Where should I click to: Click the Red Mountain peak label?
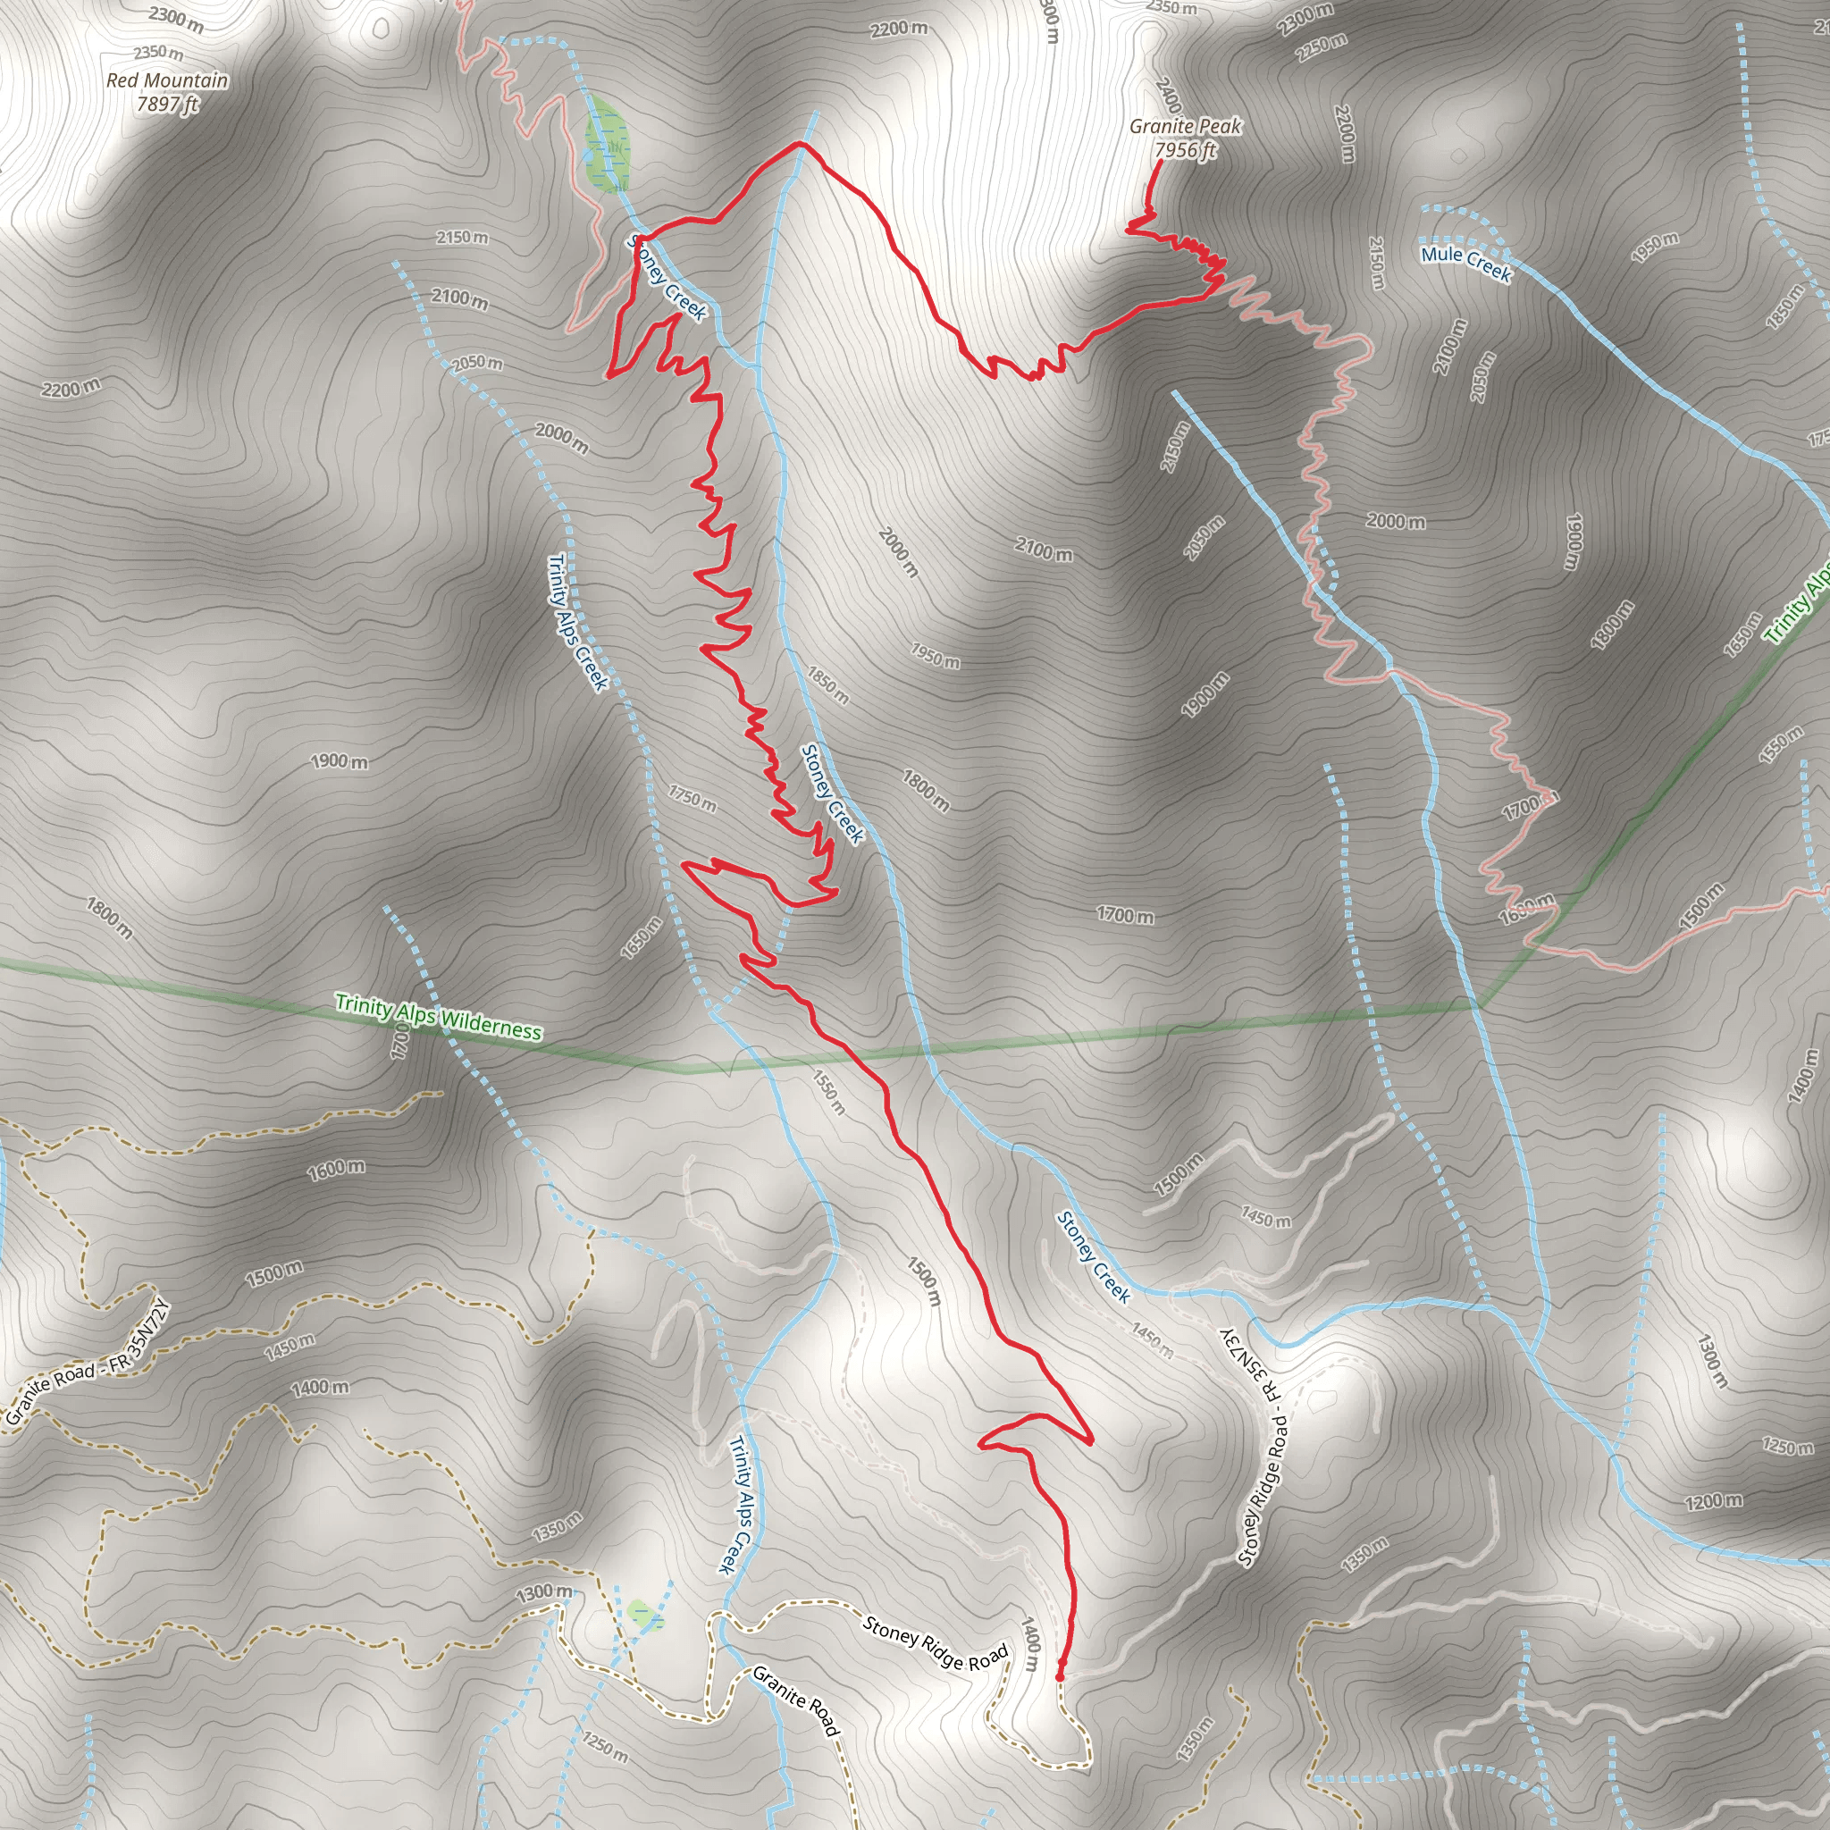coord(167,92)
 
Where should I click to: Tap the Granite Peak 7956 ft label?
coord(1184,139)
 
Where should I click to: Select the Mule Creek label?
coord(1465,263)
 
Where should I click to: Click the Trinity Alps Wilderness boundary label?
coord(439,1016)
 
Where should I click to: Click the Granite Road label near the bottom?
coord(795,1702)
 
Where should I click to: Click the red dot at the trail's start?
coord(1059,1676)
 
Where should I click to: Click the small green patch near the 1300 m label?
coord(645,1614)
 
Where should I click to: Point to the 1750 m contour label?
coord(692,798)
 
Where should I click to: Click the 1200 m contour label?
coord(1713,1500)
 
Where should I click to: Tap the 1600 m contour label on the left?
coord(335,1170)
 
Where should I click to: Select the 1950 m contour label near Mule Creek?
coord(1654,247)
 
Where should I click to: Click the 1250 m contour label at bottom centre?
coord(604,1748)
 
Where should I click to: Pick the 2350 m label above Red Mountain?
coord(158,53)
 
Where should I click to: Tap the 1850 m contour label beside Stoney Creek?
coord(827,684)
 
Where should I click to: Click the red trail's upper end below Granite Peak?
coord(1162,162)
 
